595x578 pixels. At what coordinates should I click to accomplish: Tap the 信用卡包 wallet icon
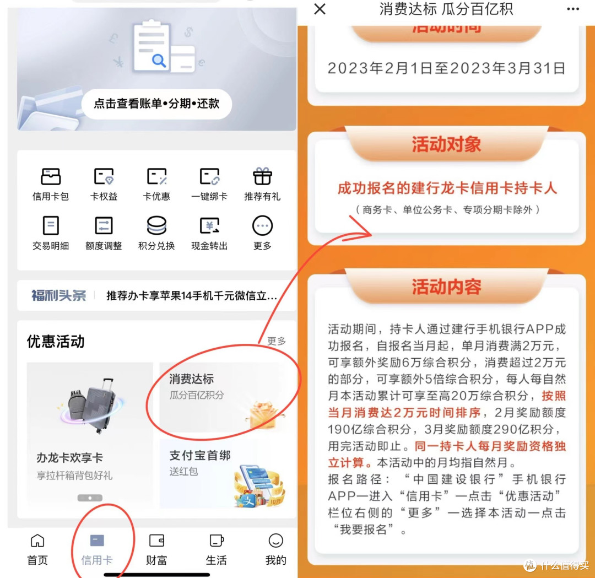51,177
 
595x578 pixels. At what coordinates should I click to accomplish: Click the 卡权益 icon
104,177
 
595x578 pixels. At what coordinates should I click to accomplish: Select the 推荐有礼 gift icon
262,177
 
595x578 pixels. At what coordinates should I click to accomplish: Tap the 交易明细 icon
51,226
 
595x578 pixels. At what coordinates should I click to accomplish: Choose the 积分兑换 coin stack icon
156,226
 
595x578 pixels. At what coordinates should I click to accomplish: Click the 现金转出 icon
209,226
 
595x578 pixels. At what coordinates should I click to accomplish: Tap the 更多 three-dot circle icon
262,226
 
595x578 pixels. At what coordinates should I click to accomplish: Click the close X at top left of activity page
320,9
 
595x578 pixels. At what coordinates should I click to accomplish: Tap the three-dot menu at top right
573,9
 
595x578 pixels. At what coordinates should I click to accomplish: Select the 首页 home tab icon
37,541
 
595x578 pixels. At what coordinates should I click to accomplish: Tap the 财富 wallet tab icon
156,541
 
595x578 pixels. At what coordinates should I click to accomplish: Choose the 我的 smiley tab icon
275,541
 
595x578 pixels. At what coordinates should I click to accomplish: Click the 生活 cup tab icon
217,541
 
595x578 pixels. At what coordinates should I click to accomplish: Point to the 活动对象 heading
447,144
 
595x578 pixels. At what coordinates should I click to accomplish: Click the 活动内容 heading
447,287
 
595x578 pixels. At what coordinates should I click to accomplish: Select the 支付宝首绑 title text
200,456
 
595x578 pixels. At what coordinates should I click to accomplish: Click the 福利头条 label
59,295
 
